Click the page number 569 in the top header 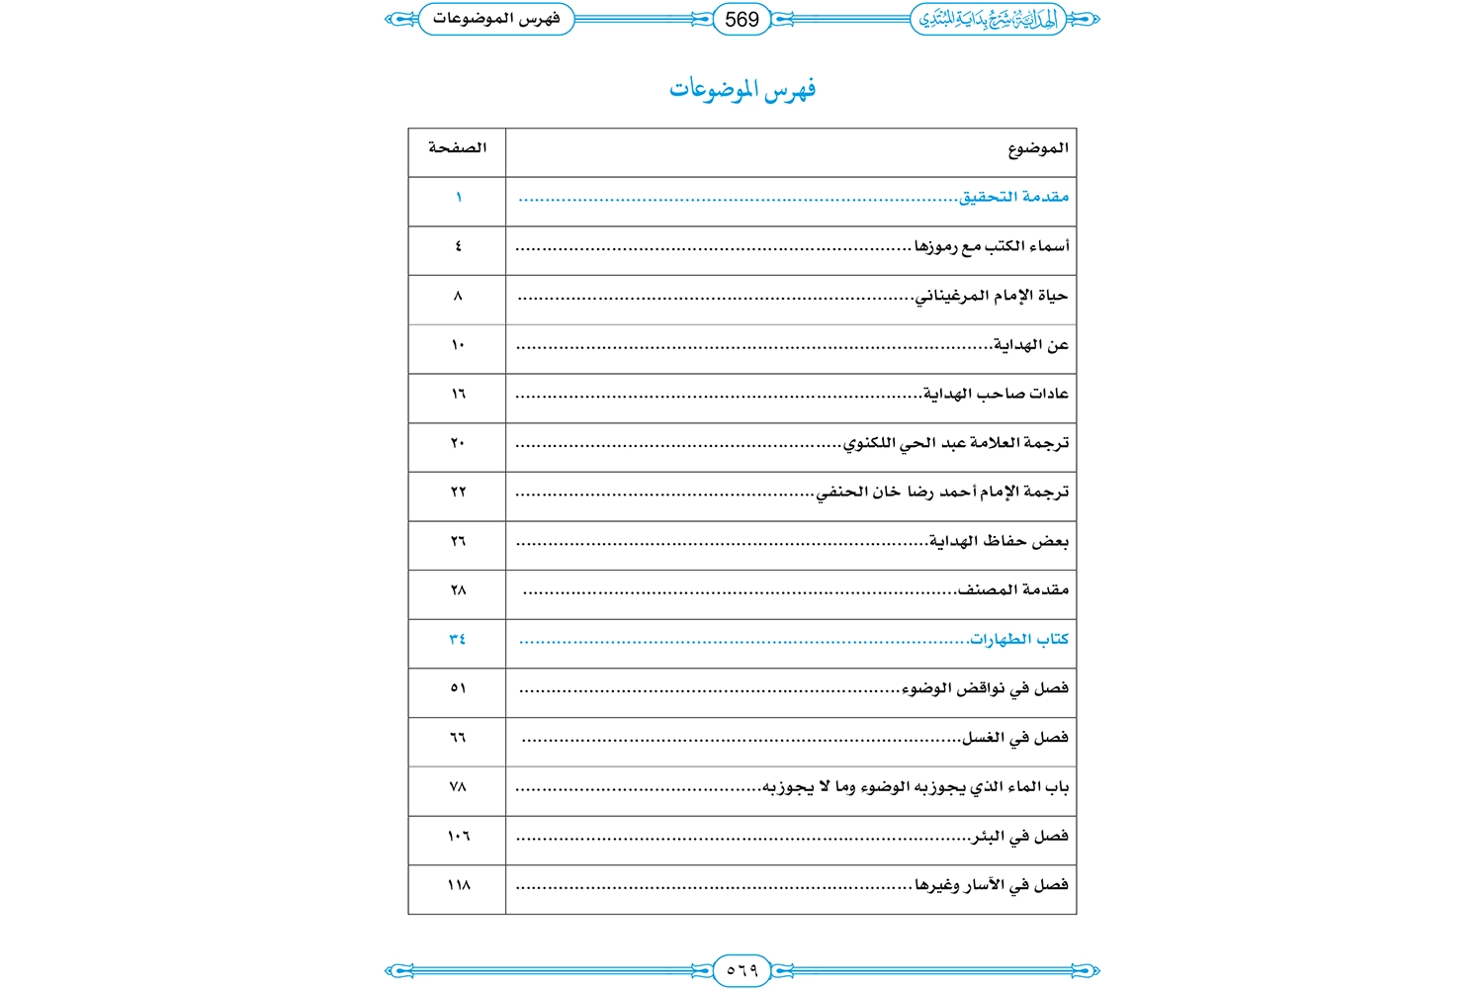pyautogui.click(x=741, y=20)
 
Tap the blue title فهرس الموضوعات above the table pyautogui.click(x=742, y=90)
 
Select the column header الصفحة pyautogui.click(x=457, y=148)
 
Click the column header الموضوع pyautogui.click(x=1038, y=148)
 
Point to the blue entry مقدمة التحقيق pyautogui.click(x=1014, y=197)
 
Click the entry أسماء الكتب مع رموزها pyautogui.click(x=992, y=246)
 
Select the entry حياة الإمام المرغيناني pyautogui.click(x=992, y=296)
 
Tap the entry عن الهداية pyautogui.click(x=1031, y=345)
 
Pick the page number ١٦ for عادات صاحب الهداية pyautogui.click(x=458, y=394)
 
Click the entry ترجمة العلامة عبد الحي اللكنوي pyautogui.click(x=956, y=443)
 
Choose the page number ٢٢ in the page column pyautogui.click(x=458, y=492)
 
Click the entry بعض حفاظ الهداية pyautogui.click(x=1000, y=541)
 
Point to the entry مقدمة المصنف pyautogui.click(x=1013, y=590)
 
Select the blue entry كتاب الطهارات pyautogui.click(x=1019, y=639)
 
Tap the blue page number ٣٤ pyautogui.click(x=458, y=639)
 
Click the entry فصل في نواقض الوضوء pyautogui.click(x=986, y=688)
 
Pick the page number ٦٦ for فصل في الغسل pyautogui.click(x=458, y=738)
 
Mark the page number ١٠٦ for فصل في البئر pyautogui.click(x=458, y=836)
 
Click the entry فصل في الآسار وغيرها pyautogui.click(x=992, y=885)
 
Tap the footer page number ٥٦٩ pyautogui.click(x=741, y=970)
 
